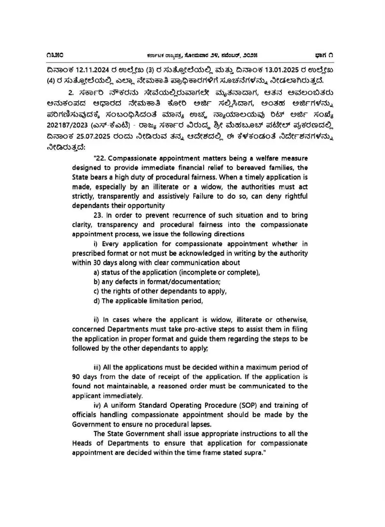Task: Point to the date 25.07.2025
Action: (97, 138)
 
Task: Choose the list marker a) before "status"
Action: (97, 272)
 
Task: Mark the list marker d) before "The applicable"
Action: (97, 301)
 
